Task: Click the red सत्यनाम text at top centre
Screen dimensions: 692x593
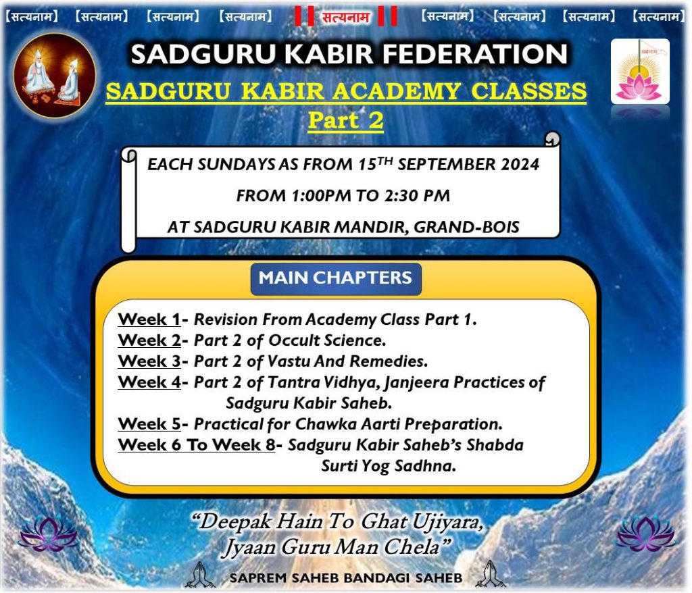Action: (x=345, y=17)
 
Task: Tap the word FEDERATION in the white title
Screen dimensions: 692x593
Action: (x=474, y=54)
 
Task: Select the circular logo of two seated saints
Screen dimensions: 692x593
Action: (x=54, y=76)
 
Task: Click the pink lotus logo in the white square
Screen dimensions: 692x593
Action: (x=640, y=72)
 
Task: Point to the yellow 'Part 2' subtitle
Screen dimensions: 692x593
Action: (x=345, y=120)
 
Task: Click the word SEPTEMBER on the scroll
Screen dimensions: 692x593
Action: (x=446, y=164)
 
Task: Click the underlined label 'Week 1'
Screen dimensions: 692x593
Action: (x=149, y=319)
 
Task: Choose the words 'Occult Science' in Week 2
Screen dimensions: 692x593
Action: (x=327, y=340)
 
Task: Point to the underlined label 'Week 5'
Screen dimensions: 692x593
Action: (x=149, y=423)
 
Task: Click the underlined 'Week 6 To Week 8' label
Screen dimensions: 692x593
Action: (x=197, y=444)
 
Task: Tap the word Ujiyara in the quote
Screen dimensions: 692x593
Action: (x=447, y=523)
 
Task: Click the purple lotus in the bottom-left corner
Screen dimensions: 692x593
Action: (x=48, y=534)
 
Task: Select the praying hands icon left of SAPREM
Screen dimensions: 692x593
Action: (x=200, y=575)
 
